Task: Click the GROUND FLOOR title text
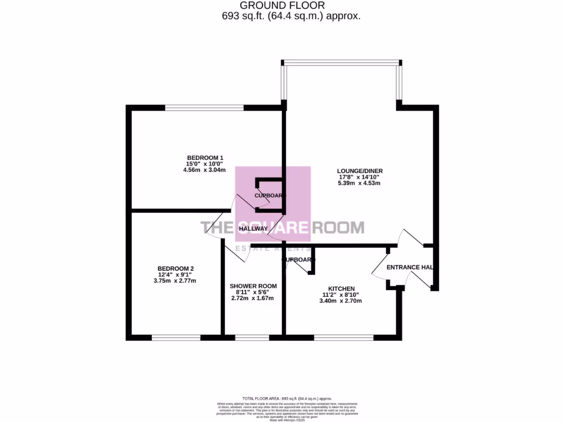pos(281,5)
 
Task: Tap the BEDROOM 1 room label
pos(205,157)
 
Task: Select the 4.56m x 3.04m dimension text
pos(205,170)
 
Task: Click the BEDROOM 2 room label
pos(174,269)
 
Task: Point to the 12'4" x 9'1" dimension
pos(174,275)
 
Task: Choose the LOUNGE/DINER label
pos(360,171)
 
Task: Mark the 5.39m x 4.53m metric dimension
pos(360,183)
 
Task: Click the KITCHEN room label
pos(341,288)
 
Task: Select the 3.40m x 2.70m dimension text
pos(341,301)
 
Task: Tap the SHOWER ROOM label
pos(253,286)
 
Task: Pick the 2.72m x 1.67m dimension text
pos(253,298)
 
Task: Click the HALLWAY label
pos(253,229)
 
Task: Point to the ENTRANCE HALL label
pos(410,268)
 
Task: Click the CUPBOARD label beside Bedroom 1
pos(270,196)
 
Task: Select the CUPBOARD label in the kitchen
pos(299,260)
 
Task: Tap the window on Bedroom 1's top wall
pos(205,108)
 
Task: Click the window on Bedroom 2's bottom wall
pos(176,337)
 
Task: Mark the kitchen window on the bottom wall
pos(344,337)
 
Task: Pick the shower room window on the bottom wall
pos(252,337)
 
